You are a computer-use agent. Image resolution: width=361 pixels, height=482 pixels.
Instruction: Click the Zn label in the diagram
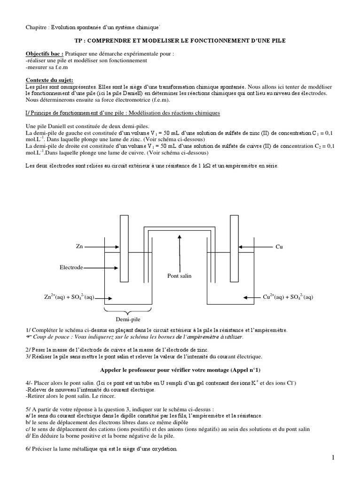tap(79, 247)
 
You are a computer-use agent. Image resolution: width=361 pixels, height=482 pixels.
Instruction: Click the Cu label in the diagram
tap(279, 247)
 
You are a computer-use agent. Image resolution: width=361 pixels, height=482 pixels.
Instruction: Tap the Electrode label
tap(71, 267)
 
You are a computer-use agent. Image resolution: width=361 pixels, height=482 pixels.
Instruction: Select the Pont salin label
tap(180, 275)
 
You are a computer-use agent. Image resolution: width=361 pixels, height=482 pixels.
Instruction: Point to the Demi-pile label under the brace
tap(127, 319)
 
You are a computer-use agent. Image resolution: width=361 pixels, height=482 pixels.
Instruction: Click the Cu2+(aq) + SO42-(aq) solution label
tap(288, 297)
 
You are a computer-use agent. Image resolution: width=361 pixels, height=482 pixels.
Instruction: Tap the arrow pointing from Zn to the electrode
tap(101, 247)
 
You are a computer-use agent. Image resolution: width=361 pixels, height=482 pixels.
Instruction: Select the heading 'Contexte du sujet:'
tap(49, 80)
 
